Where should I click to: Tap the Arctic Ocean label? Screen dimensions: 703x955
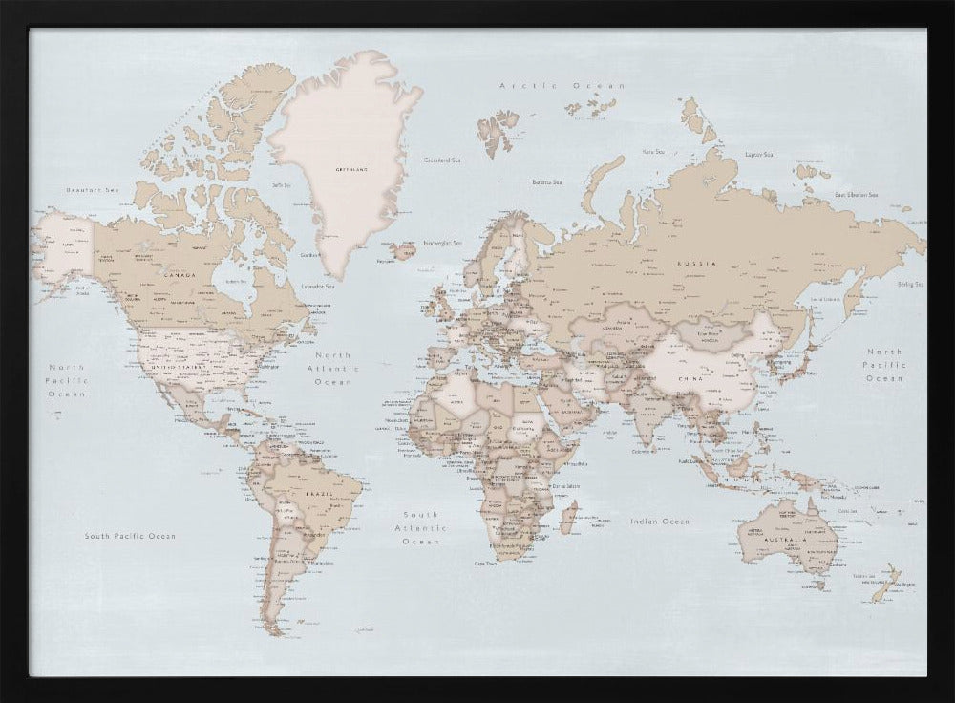tap(554, 86)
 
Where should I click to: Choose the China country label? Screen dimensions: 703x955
tap(690, 379)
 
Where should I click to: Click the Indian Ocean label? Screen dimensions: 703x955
tap(659, 522)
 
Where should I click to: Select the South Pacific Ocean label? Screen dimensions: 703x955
tap(130, 536)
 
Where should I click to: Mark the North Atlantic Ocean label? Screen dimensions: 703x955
tap(333, 368)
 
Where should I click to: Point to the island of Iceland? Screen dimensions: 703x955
tap(401, 251)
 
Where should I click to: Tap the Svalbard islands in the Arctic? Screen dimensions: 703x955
tap(498, 129)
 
